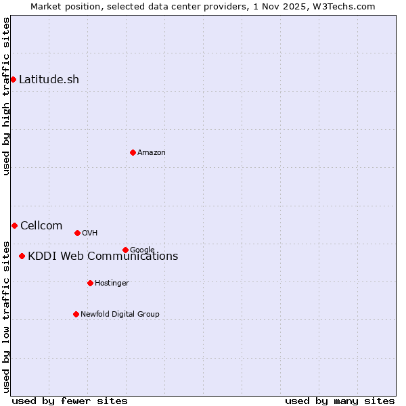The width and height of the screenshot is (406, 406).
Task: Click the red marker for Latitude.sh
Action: click(x=13, y=79)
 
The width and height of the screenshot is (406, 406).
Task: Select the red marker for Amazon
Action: click(x=133, y=152)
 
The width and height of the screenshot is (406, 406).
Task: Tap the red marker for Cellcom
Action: click(x=14, y=225)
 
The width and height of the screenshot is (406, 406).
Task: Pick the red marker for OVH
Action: click(x=77, y=233)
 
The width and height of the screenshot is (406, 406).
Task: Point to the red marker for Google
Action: click(x=125, y=250)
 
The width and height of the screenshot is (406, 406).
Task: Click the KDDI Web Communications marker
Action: click(x=22, y=256)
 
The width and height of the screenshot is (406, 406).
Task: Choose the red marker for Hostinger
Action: click(x=90, y=283)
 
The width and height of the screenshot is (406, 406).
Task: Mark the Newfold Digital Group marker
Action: click(x=76, y=314)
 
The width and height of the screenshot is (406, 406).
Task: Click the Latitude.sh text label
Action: click(x=49, y=79)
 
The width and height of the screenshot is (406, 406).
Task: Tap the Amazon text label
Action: click(x=152, y=153)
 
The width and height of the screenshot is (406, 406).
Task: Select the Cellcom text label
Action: click(x=41, y=225)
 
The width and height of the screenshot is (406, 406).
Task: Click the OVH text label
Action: click(x=90, y=233)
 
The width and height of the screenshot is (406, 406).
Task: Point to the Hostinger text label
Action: click(x=112, y=284)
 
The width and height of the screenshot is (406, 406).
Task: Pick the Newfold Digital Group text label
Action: click(x=120, y=315)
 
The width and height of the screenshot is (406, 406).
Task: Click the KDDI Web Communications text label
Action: click(x=103, y=256)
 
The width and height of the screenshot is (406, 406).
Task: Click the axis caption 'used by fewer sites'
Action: click(x=70, y=401)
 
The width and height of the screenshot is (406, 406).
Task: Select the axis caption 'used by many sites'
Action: click(x=340, y=401)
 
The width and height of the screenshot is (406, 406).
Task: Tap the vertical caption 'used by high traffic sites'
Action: click(x=6, y=97)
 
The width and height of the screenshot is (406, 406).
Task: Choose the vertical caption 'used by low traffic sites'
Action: click(x=6, y=316)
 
